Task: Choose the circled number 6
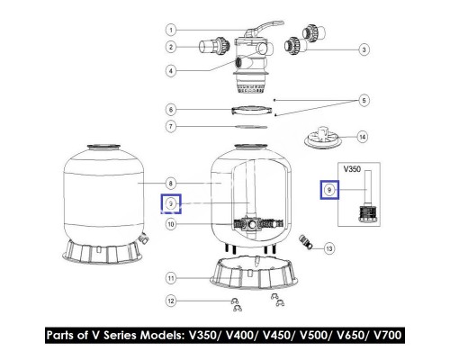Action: pyautogui.click(x=170, y=110)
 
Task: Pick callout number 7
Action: pyautogui.click(x=170, y=126)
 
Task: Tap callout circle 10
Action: pyautogui.click(x=170, y=224)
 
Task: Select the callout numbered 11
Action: pyautogui.click(x=170, y=276)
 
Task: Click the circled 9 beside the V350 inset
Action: pyautogui.click(x=330, y=191)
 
